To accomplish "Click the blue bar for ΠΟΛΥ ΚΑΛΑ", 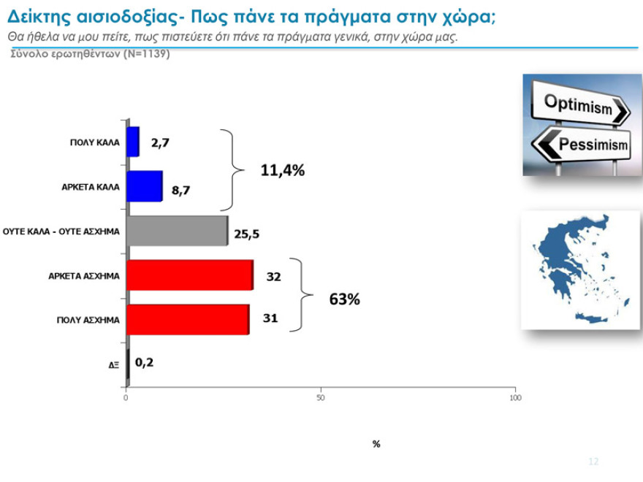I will tap(133, 142).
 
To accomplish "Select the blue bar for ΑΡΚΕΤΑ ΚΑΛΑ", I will tap(144, 186).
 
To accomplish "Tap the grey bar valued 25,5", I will tap(177, 231).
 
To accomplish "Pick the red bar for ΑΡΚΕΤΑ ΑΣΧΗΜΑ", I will tap(189, 275).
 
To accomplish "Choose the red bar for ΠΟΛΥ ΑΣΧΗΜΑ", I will tap(188, 320).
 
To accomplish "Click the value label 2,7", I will tap(160, 142).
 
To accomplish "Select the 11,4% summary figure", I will tap(282, 171).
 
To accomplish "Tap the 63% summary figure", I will tap(343, 299).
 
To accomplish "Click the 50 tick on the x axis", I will tap(321, 397).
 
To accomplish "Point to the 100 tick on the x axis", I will tap(514, 397).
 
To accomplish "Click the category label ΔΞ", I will tap(114, 364).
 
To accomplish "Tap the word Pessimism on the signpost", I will tap(593, 145).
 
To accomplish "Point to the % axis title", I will tap(376, 444).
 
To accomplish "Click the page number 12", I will tap(593, 462).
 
